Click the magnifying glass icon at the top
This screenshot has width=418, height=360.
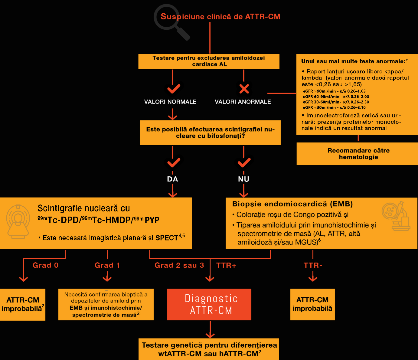171,21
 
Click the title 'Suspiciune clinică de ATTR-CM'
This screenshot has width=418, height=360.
220,17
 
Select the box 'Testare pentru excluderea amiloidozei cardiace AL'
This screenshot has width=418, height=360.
209,61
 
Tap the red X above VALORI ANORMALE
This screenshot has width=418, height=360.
244,89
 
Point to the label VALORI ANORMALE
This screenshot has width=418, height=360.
243,102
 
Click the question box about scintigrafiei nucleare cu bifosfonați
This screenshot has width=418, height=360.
210,133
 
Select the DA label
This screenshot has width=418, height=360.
172,179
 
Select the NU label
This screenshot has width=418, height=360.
243,179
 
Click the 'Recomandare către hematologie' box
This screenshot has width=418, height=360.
358,154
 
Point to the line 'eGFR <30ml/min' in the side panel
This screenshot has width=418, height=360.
334,107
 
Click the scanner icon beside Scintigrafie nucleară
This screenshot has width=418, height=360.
18,221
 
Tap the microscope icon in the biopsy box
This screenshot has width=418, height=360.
396,216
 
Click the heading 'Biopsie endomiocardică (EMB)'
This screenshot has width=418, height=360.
292,204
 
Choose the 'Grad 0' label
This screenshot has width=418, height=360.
45,265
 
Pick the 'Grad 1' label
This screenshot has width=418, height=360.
107,265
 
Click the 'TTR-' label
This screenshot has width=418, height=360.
313,265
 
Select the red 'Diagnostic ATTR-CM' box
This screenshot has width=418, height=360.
209,304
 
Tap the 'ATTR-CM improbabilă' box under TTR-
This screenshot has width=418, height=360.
312,304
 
